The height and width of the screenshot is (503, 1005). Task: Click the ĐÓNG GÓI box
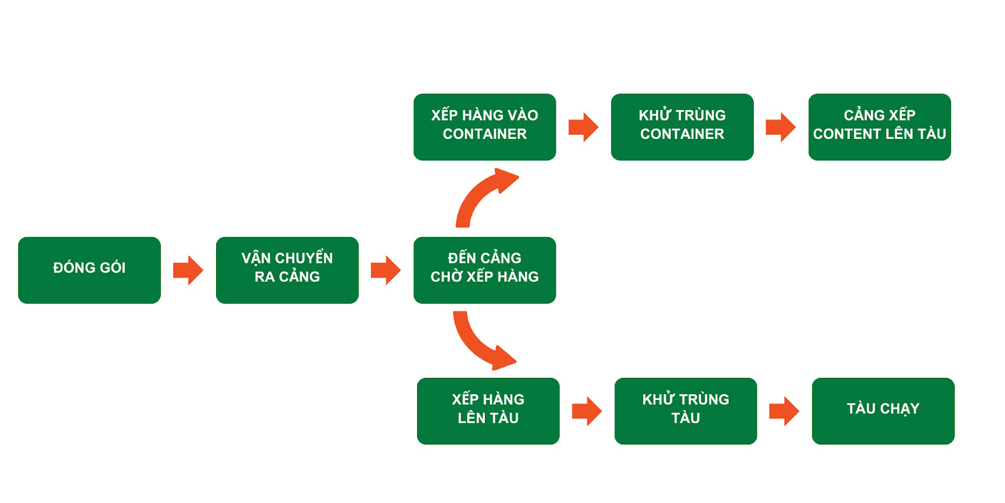pos(89,270)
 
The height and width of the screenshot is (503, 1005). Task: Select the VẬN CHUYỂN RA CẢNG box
pos(287,270)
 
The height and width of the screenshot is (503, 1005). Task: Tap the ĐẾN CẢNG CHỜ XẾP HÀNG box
pos(484,270)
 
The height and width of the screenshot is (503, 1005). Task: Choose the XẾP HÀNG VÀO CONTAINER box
pos(484,127)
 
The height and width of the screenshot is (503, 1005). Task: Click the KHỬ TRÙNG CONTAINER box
pos(682,127)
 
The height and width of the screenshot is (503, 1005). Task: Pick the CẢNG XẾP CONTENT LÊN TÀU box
pos(879,127)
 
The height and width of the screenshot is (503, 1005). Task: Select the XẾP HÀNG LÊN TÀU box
pos(488,411)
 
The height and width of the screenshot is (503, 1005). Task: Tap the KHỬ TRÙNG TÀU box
pos(685,411)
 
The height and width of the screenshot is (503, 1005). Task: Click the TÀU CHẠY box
pos(883,411)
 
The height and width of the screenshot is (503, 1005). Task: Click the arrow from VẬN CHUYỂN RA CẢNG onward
pos(386,270)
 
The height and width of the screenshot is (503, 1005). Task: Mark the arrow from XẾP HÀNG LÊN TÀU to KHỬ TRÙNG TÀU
pos(587,411)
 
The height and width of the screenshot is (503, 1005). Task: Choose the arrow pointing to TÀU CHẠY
pos(784,411)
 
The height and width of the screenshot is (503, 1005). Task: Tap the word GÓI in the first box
pos(112,268)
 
